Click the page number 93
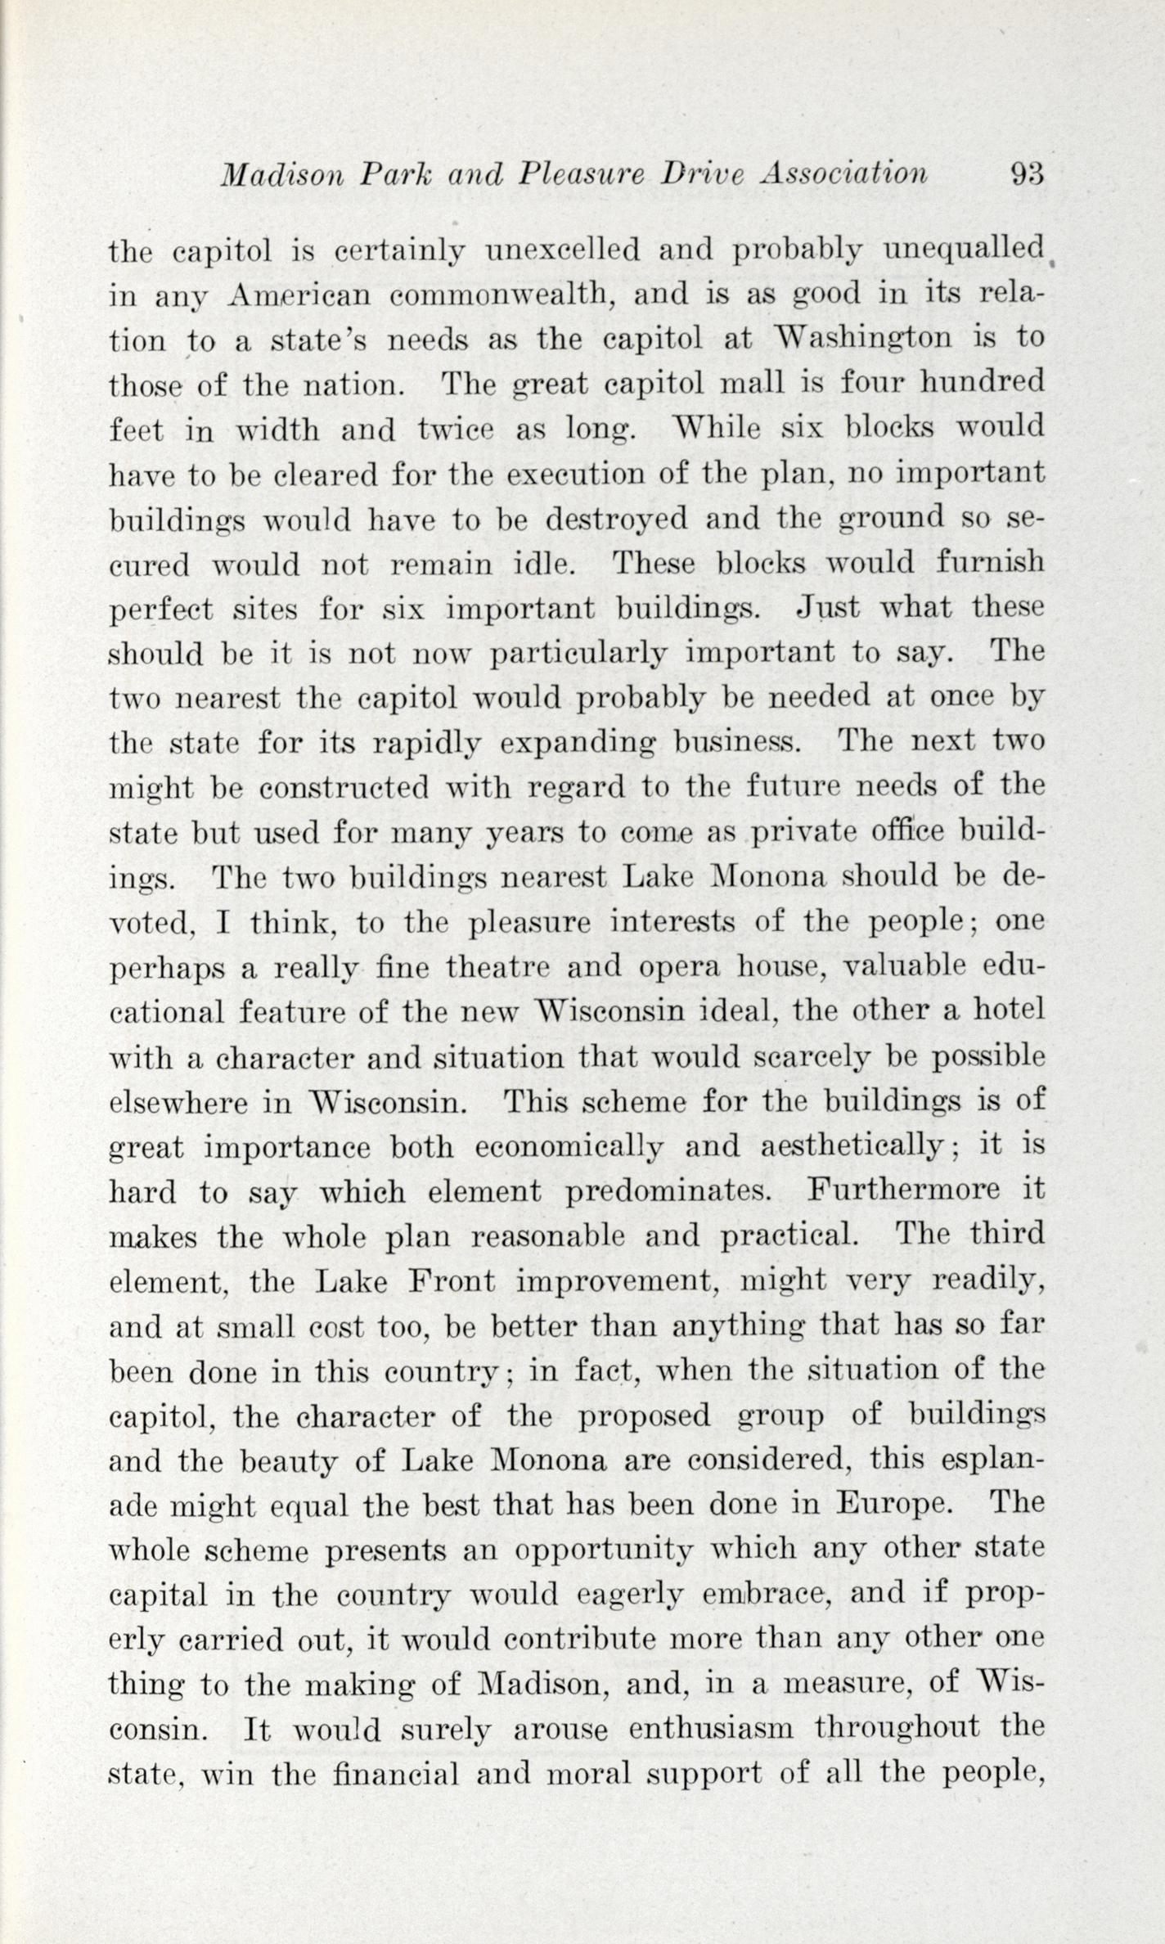1027,174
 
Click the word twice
457,429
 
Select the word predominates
680,1192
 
